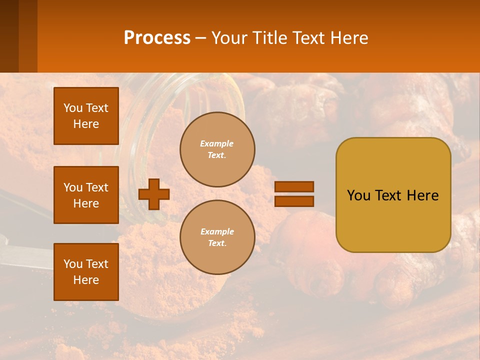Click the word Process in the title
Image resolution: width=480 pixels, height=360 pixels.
coord(157,38)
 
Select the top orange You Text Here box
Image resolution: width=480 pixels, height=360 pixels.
coord(86,116)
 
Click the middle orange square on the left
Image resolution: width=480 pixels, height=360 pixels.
coord(86,195)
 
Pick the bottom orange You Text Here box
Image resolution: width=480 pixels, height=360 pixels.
coord(86,272)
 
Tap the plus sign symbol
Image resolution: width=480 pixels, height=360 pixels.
coord(154,194)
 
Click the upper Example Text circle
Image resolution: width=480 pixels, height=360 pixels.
coord(217,149)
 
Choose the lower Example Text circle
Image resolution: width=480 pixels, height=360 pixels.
coord(217,237)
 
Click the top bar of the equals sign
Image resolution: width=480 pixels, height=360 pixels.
coord(294,187)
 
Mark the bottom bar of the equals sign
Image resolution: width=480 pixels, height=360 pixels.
coord(294,201)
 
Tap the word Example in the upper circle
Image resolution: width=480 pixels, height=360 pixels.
coord(217,143)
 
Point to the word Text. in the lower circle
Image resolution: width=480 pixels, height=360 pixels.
coord(217,243)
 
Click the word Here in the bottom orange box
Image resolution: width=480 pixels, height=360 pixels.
coord(86,280)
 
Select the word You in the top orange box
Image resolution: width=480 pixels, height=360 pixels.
coord(73,108)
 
